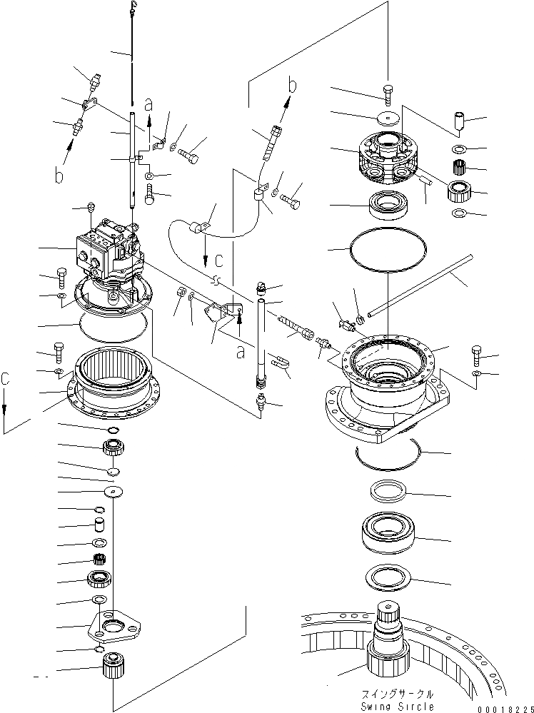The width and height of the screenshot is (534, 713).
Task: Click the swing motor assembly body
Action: point(107,250)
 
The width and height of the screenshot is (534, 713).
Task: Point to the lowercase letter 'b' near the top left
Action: point(60,173)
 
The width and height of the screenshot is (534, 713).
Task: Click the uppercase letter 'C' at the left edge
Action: point(6,382)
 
